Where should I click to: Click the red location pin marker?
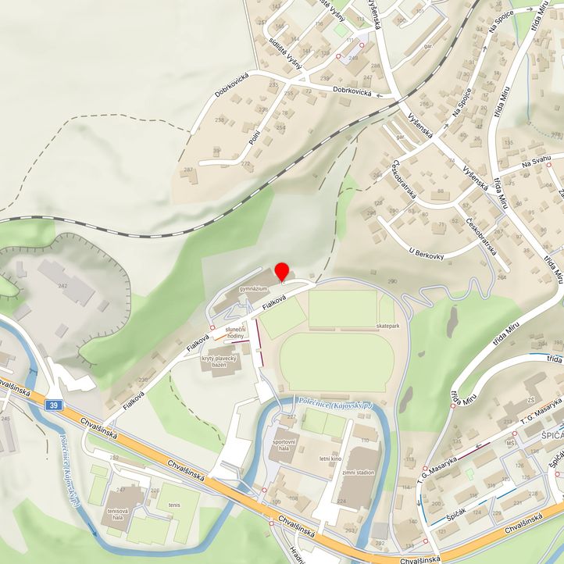(x=282, y=271)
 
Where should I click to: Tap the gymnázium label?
(x=254, y=288)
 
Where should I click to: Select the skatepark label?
(x=387, y=324)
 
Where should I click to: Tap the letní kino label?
(x=331, y=459)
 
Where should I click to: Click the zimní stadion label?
(x=357, y=473)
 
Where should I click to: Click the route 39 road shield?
(x=52, y=405)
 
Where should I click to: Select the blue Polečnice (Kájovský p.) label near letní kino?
(x=335, y=403)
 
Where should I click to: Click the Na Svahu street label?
(x=537, y=160)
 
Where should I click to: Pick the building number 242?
(x=63, y=286)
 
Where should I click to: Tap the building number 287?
(x=187, y=170)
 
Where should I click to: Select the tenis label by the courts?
(x=173, y=505)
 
